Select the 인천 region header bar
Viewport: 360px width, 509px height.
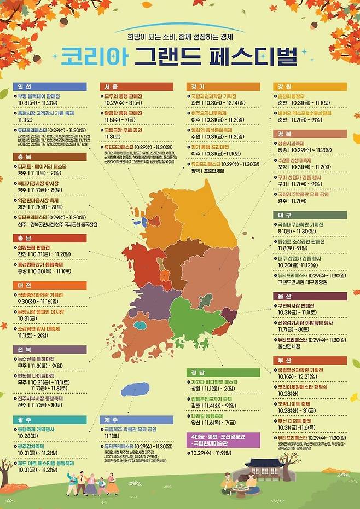49,86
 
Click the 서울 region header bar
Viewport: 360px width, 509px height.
137,86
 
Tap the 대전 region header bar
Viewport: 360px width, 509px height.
49,285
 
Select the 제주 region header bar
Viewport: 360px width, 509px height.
137,419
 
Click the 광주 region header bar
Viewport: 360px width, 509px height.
49,419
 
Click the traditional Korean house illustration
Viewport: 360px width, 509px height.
263,468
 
